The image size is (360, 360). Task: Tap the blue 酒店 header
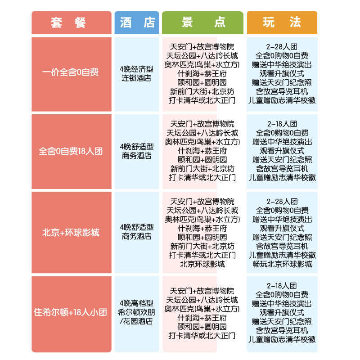[137, 22]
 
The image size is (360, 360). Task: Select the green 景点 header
[202, 22]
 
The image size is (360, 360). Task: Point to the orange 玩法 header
[282, 22]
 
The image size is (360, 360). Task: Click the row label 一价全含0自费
[71, 72]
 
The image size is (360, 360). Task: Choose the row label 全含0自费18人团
[71, 151]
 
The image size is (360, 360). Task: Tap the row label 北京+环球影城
[71, 233]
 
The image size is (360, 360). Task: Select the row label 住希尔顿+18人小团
[71, 312]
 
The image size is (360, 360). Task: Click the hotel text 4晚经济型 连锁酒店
[136, 73]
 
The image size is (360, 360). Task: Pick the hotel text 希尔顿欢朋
[136, 312]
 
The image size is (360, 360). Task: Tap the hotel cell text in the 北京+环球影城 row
[137, 232]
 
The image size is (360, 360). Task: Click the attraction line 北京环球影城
[202, 264]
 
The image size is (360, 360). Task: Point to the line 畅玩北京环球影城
[282, 264]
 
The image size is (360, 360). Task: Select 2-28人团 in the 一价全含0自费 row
[282, 47]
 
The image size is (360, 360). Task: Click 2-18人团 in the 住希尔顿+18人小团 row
[282, 286]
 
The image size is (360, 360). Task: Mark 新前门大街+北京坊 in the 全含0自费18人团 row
[202, 169]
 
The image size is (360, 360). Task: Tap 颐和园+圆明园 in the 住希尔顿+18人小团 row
[202, 327]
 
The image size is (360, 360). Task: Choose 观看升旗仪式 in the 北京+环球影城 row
[282, 229]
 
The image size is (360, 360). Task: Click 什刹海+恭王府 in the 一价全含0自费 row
[202, 74]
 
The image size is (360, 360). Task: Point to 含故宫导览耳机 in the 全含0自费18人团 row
[282, 169]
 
